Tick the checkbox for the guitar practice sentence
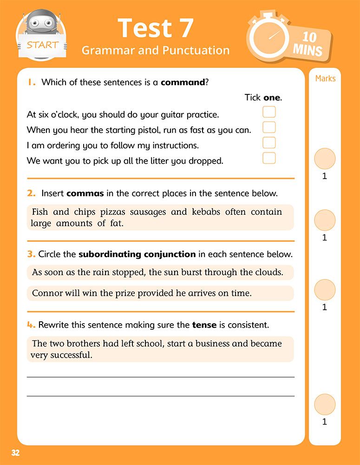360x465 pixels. tap(269, 112)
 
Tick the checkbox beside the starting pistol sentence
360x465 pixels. tap(269, 127)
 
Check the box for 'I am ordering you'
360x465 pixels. tap(269, 143)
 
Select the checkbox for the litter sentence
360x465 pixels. tap(269, 158)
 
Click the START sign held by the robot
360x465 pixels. tap(42, 45)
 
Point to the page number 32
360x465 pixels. tap(15, 453)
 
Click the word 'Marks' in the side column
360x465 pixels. tap(325, 78)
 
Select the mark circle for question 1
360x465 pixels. tap(325, 159)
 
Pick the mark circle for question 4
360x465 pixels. tap(325, 405)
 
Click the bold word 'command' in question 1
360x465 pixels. tap(183, 82)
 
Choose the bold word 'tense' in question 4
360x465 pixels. tap(204, 325)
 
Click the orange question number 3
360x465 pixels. tap(31, 254)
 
